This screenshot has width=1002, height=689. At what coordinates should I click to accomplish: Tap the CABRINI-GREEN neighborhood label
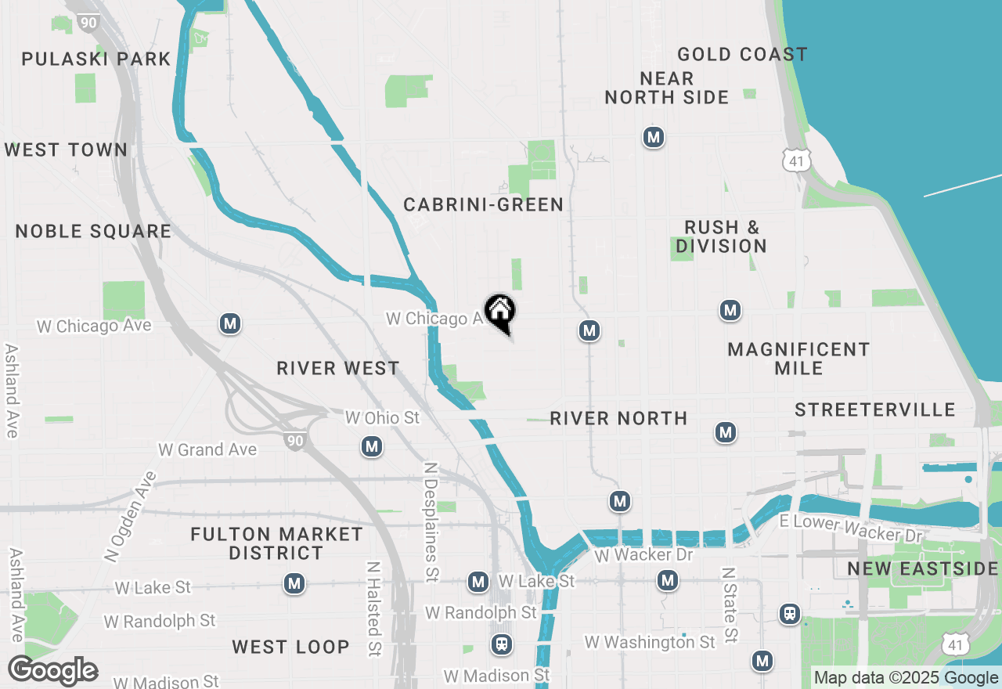[483, 205]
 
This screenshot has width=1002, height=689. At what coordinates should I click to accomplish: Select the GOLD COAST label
[742, 55]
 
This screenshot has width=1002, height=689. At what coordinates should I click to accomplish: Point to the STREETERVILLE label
[874, 410]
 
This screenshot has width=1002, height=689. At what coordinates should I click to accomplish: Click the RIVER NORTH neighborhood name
[618, 419]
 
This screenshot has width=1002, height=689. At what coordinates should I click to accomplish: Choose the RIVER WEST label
[338, 369]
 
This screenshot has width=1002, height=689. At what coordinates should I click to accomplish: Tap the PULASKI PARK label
[96, 60]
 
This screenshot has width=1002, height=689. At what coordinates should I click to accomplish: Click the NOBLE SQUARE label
[93, 232]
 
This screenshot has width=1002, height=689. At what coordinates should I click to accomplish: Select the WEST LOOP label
[290, 648]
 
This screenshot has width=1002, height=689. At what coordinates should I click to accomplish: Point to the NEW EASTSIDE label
[922, 569]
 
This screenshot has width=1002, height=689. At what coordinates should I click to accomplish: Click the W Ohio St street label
[383, 418]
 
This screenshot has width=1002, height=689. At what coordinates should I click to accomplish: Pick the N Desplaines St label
[430, 521]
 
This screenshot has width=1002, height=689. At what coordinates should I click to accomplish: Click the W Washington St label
[650, 643]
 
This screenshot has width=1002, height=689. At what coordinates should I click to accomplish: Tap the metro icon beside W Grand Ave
[372, 447]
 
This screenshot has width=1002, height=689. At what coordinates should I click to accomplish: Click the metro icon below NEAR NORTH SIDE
[654, 138]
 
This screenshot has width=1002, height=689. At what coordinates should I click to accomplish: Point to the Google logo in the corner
[52, 671]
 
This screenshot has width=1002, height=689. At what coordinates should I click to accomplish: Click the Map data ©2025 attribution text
[877, 678]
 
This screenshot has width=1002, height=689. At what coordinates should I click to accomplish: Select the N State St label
[730, 604]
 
